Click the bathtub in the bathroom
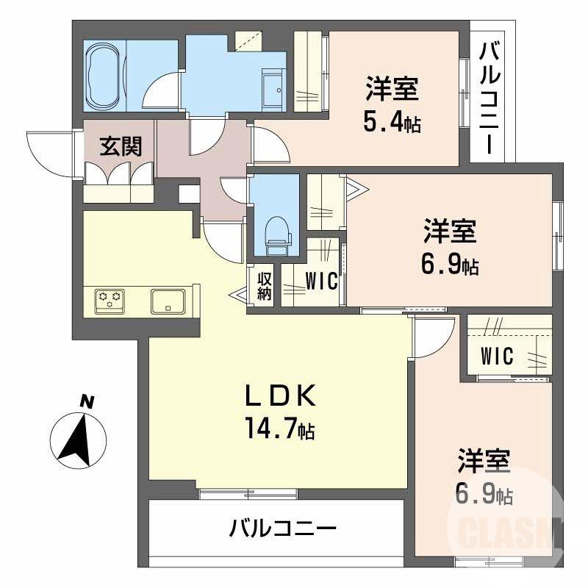[x=106, y=76]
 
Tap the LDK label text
[x=280, y=398]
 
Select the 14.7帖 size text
[x=280, y=429]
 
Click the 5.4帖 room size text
[x=392, y=122]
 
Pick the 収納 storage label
[x=265, y=287]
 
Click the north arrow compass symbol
[x=77, y=439]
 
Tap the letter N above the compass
[x=87, y=402]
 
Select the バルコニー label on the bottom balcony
[x=282, y=528]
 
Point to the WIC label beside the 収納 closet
[x=321, y=281]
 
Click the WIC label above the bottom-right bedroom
[x=497, y=356]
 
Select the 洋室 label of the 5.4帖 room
[x=393, y=90]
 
